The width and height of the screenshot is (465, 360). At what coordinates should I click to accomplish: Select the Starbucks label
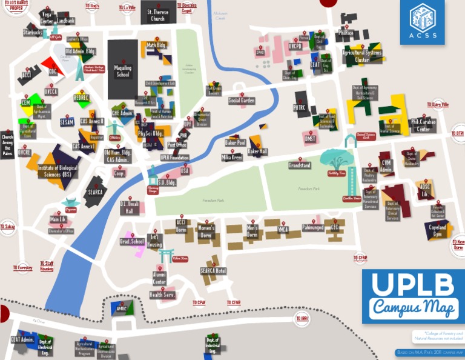tap(33, 32)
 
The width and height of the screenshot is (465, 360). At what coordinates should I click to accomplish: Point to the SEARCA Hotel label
tap(213, 270)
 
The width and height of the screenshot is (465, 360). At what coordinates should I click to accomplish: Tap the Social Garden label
tap(242, 101)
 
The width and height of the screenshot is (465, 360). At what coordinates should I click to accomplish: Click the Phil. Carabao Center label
tap(424, 125)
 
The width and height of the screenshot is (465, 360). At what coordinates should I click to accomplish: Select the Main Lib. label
tap(58, 219)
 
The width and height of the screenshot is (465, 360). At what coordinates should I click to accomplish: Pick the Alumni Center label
tap(159, 278)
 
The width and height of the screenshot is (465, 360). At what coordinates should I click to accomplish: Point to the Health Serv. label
tap(162, 295)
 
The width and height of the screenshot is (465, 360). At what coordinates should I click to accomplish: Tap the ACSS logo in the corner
tap(422, 22)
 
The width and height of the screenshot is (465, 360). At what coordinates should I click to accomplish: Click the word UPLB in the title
tap(412, 285)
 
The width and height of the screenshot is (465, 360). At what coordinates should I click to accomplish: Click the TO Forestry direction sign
tap(23, 267)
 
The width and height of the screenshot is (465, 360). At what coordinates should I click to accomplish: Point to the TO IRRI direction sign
tap(302, 318)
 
